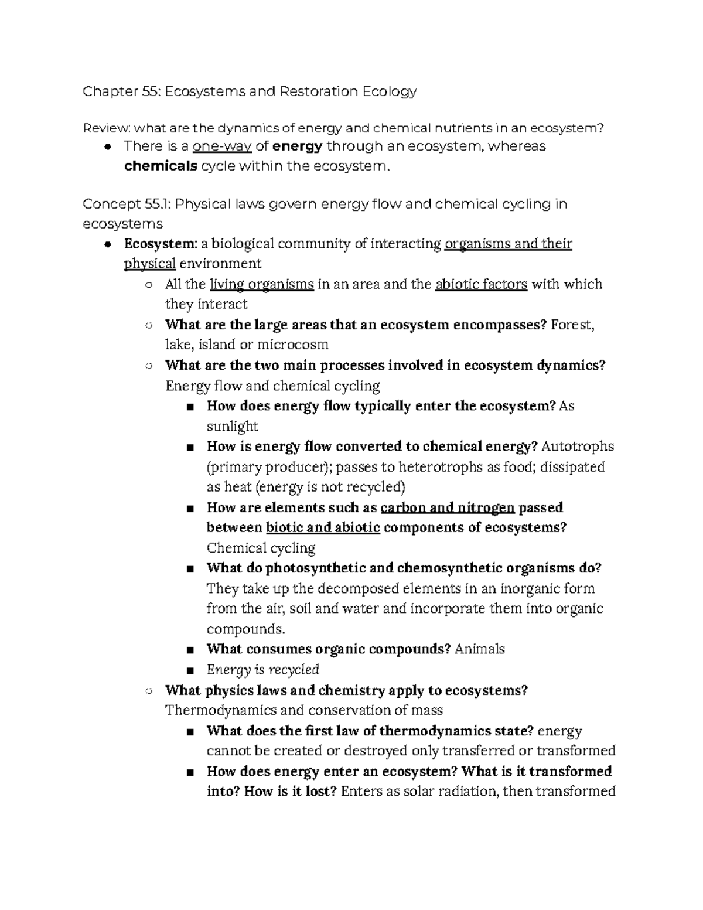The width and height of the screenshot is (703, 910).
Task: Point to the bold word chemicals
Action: pyautogui.click(x=161, y=166)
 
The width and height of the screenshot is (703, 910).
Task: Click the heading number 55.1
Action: pyautogui.click(x=156, y=205)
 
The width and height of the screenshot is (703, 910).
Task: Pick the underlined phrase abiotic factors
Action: pyautogui.click(x=482, y=285)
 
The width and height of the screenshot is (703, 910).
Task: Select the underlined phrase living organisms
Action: pyautogui.click(x=262, y=285)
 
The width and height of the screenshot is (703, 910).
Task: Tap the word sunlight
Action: pyautogui.click(x=232, y=426)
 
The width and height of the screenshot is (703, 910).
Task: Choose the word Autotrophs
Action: pyautogui.click(x=578, y=447)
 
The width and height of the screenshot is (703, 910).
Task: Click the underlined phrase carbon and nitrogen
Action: pyautogui.click(x=448, y=507)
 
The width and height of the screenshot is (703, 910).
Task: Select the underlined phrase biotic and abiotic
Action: pyautogui.click(x=323, y=527)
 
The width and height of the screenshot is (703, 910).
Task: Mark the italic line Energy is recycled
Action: pyautogui.click(x=262, y=670)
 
